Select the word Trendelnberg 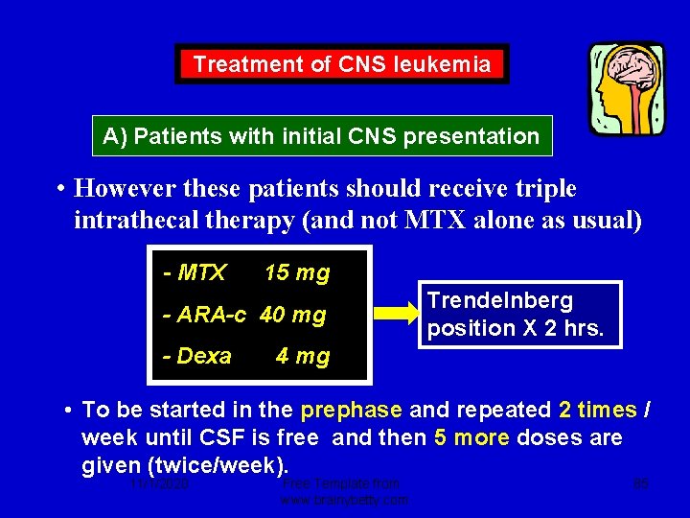499,300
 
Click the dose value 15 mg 296,273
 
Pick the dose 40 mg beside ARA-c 292,315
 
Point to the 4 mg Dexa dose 302,357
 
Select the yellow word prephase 350,411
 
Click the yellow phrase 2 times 597,411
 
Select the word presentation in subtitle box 471,136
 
